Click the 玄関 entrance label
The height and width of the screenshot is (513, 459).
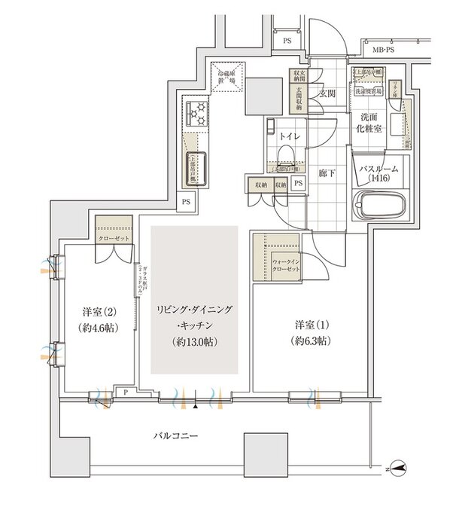click(x=327, y=94)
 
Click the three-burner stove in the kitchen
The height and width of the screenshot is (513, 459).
click(x=197, y=114)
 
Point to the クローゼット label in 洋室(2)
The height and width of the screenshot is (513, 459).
click(x=113, y=238)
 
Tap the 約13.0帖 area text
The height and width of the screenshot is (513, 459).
click(x=194, y=339)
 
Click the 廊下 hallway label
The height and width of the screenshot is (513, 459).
click(x=326, y=171)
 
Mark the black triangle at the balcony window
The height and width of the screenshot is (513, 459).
click(x=196, y=406)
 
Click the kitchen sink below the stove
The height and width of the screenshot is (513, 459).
click(x=195, y=164)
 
